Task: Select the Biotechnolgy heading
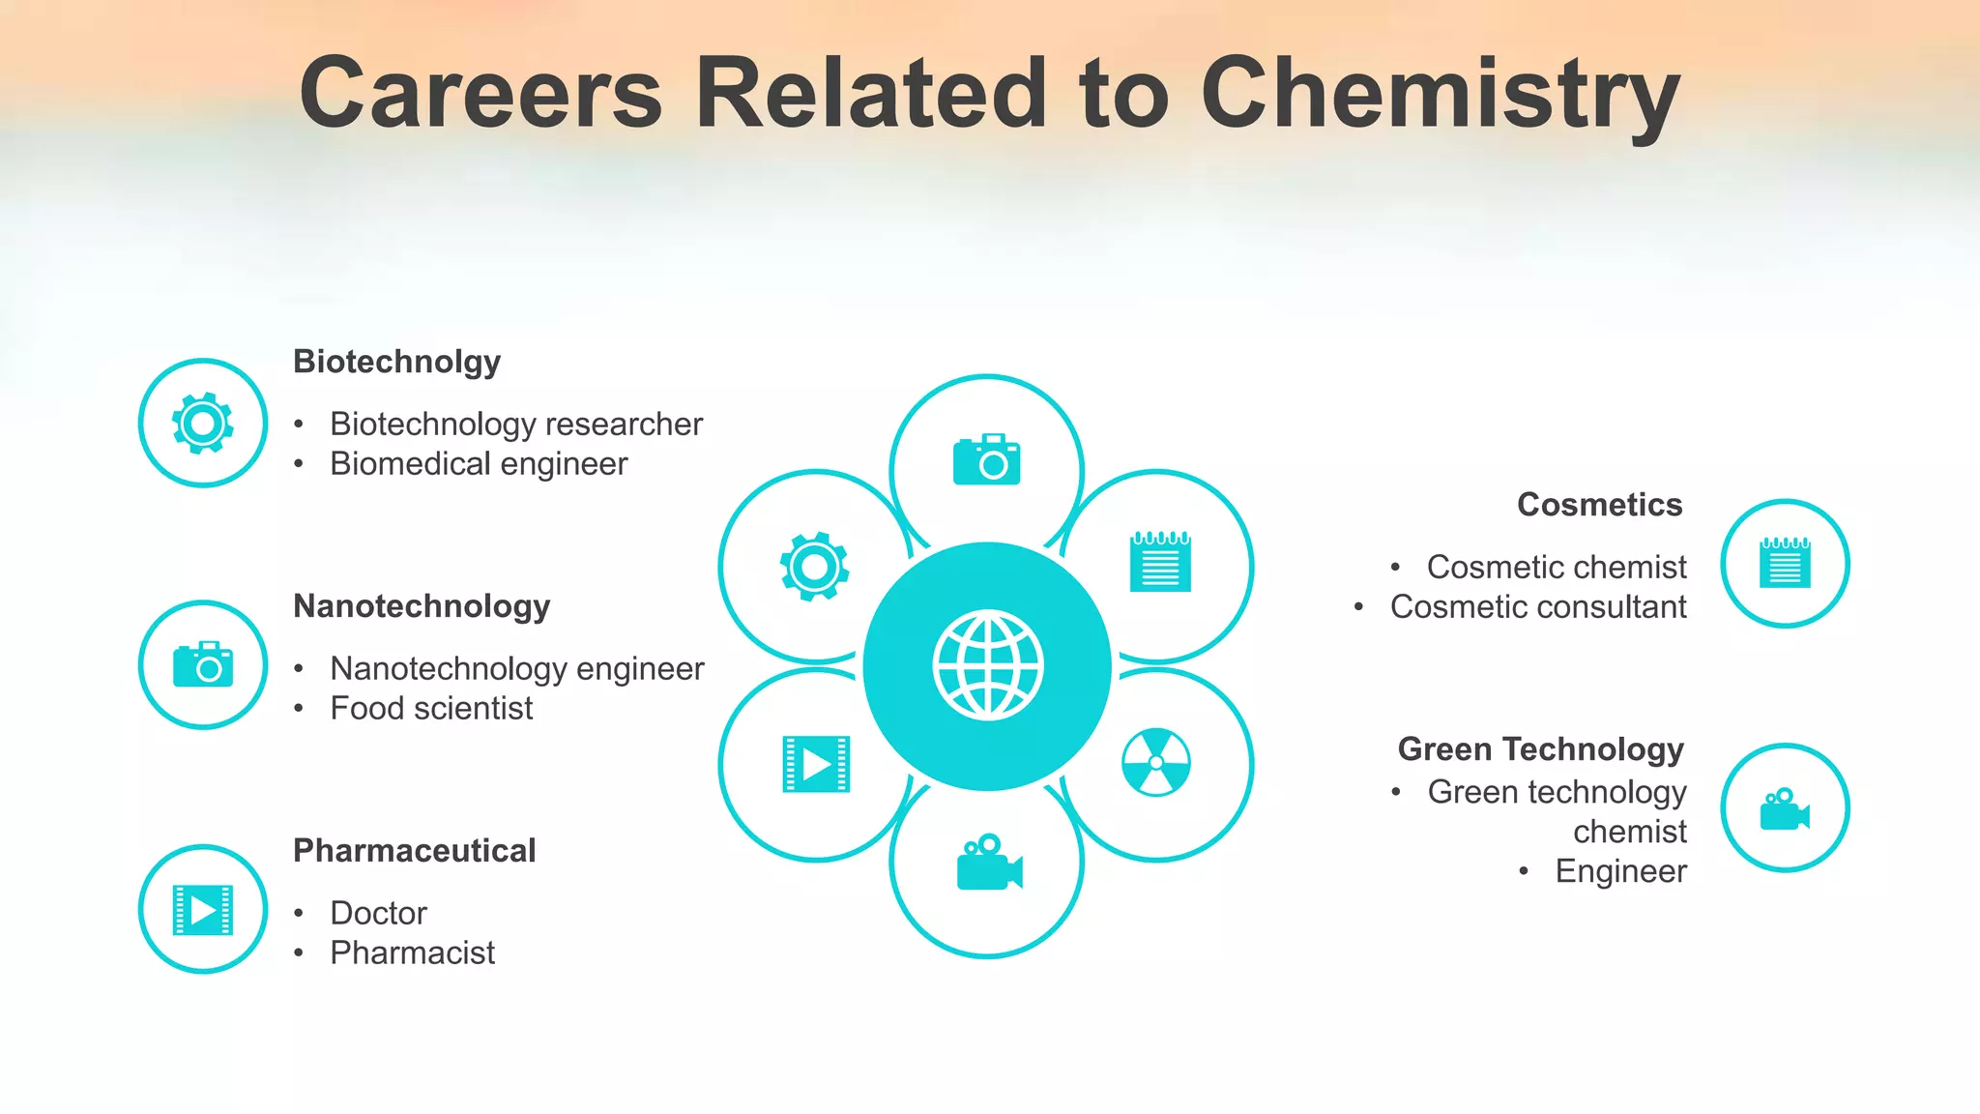coord(396,362)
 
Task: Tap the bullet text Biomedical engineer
coord(479,464)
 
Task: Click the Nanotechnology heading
coord(422,606)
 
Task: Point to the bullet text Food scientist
coord(431,709)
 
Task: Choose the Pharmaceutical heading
coord(414,851)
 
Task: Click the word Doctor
coord(378,913)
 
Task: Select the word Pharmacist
coord(412,953)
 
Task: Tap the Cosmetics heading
coord(1599,505)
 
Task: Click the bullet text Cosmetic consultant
coord(1537,607)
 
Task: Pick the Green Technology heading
coord(1540,749)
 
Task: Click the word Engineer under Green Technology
coord(1620,871)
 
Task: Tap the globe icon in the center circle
coord(987,665)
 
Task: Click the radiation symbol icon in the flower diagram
coord(1156,762)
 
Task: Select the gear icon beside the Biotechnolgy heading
coord(203,423)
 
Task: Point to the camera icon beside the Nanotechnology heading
coord(203,664)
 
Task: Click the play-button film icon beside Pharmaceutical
coord(203,910)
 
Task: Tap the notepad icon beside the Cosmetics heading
coord(1785,563)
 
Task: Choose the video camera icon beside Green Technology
coord(1784,809)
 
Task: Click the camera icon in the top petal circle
coord(986,460)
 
